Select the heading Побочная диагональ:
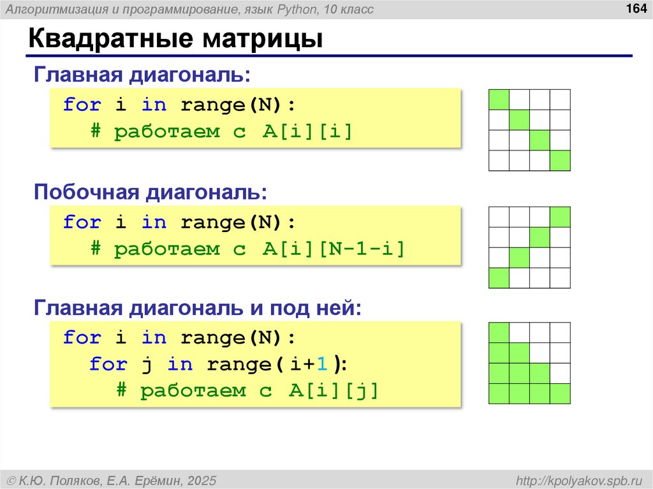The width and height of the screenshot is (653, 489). point(150,192)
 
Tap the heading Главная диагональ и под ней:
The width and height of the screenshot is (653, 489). point(198,309)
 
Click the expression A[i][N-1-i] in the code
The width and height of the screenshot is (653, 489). point(334,249)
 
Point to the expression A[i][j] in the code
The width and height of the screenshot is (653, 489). point(334,391)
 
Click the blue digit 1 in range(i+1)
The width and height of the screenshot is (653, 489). point(322,364)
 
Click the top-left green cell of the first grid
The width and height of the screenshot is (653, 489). point(499,100)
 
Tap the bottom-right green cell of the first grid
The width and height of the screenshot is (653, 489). point(560,161)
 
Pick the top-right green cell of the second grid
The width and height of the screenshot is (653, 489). point(560,217)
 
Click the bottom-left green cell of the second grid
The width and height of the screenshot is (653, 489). point(499,278)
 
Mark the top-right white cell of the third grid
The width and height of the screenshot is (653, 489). point(560,333)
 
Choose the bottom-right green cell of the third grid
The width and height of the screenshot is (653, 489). point(560,393)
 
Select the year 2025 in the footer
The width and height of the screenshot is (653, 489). point(200,479)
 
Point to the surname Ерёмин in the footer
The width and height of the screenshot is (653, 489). point(159,479)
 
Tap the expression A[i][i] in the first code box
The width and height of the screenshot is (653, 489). point(307,132)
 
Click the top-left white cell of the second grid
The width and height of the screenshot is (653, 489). point(499,217)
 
